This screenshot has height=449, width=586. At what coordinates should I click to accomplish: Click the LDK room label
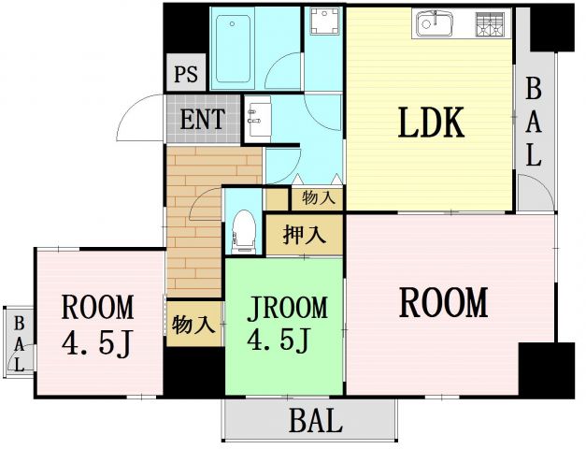[x=431, y=123]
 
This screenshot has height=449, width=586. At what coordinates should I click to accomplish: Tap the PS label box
[x=186, y=74]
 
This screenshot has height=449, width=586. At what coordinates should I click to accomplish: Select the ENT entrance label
[x=202, y=120]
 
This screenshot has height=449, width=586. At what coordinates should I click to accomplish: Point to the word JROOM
[x=286, y=308]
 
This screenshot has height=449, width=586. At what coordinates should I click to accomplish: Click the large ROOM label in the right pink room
[x=444, y=303]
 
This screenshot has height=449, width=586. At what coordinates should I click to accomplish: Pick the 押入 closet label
[x=305, y=234]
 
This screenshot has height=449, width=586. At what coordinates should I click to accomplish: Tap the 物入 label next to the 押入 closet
[x=318, y=197]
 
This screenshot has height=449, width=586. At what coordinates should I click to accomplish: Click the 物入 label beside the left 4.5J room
[x=194, y=325]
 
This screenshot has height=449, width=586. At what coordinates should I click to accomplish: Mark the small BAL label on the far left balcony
[x=18, y=342]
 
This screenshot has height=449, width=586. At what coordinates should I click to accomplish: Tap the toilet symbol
[x=244, y=230]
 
